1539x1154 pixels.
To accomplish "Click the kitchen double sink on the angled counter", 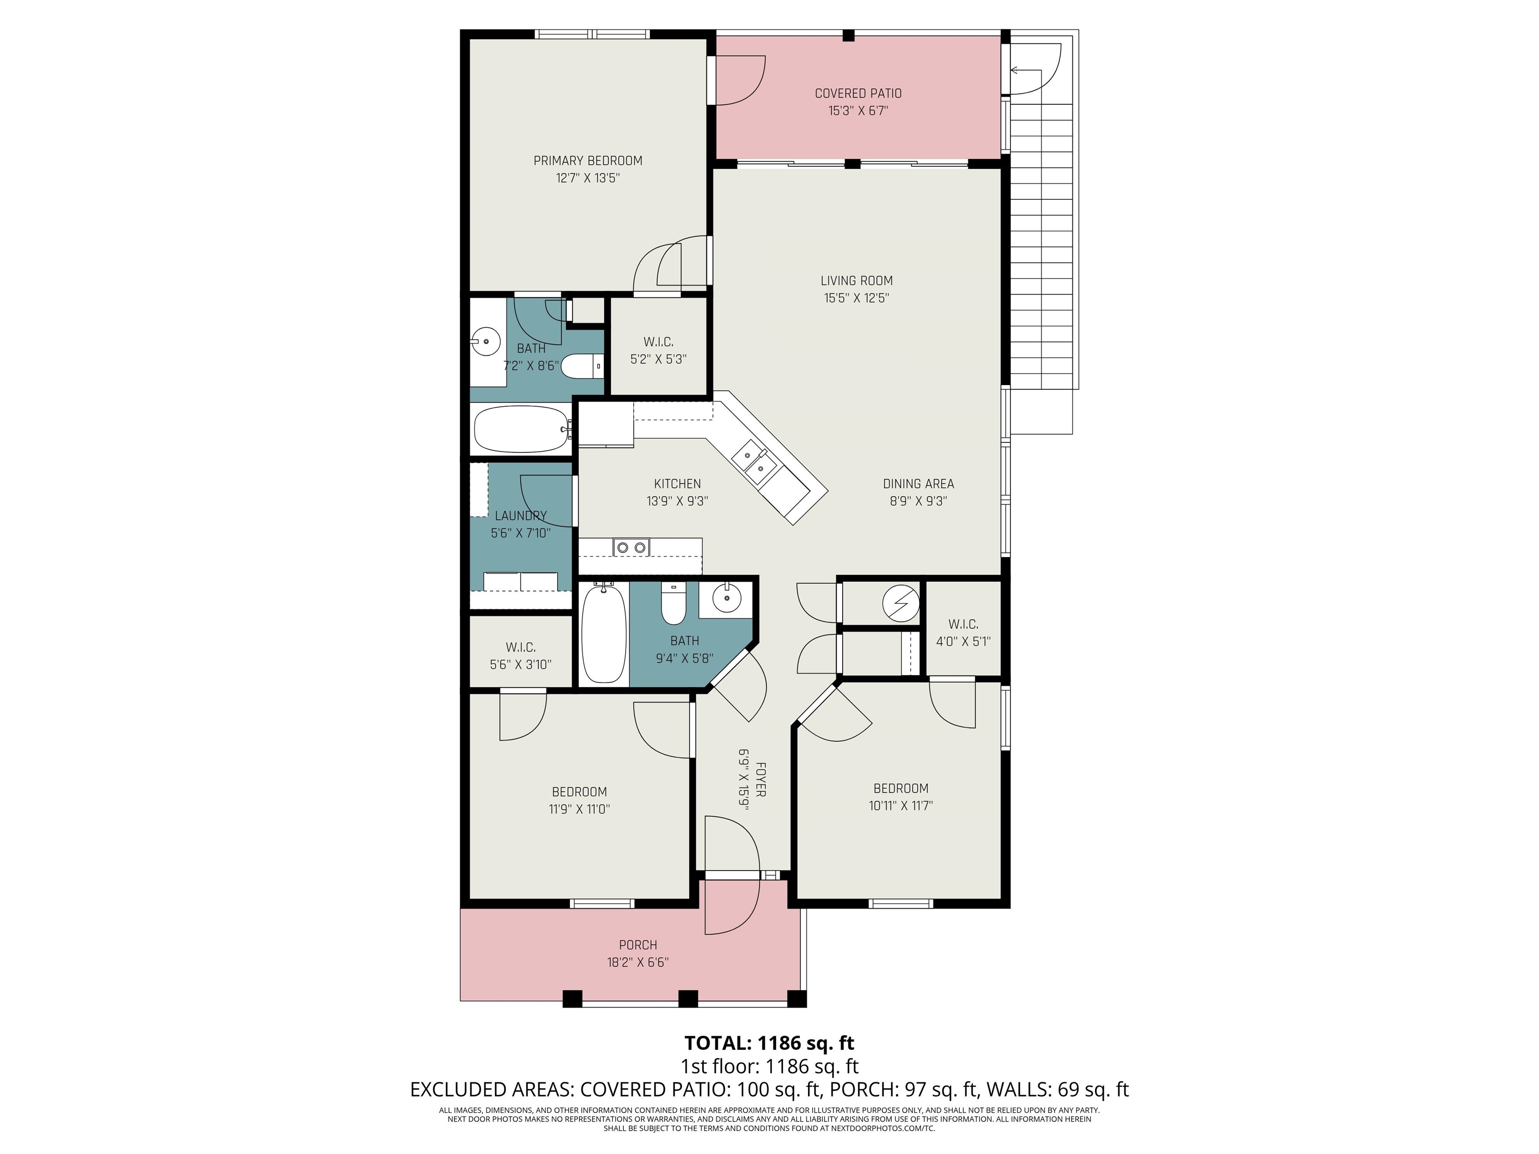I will point(753,463).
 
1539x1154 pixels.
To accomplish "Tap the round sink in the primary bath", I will point(486,341).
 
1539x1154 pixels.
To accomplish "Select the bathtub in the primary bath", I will point(521,429).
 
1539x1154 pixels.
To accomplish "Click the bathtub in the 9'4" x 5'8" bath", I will point(603,633).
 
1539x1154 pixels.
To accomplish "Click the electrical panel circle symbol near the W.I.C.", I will point(900,603).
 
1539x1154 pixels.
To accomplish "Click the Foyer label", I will point(760,779).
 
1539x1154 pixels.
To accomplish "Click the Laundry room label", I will point(521,515).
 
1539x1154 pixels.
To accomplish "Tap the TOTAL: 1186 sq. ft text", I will point(769,1043).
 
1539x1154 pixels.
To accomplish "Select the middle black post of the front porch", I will point(687,998).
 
